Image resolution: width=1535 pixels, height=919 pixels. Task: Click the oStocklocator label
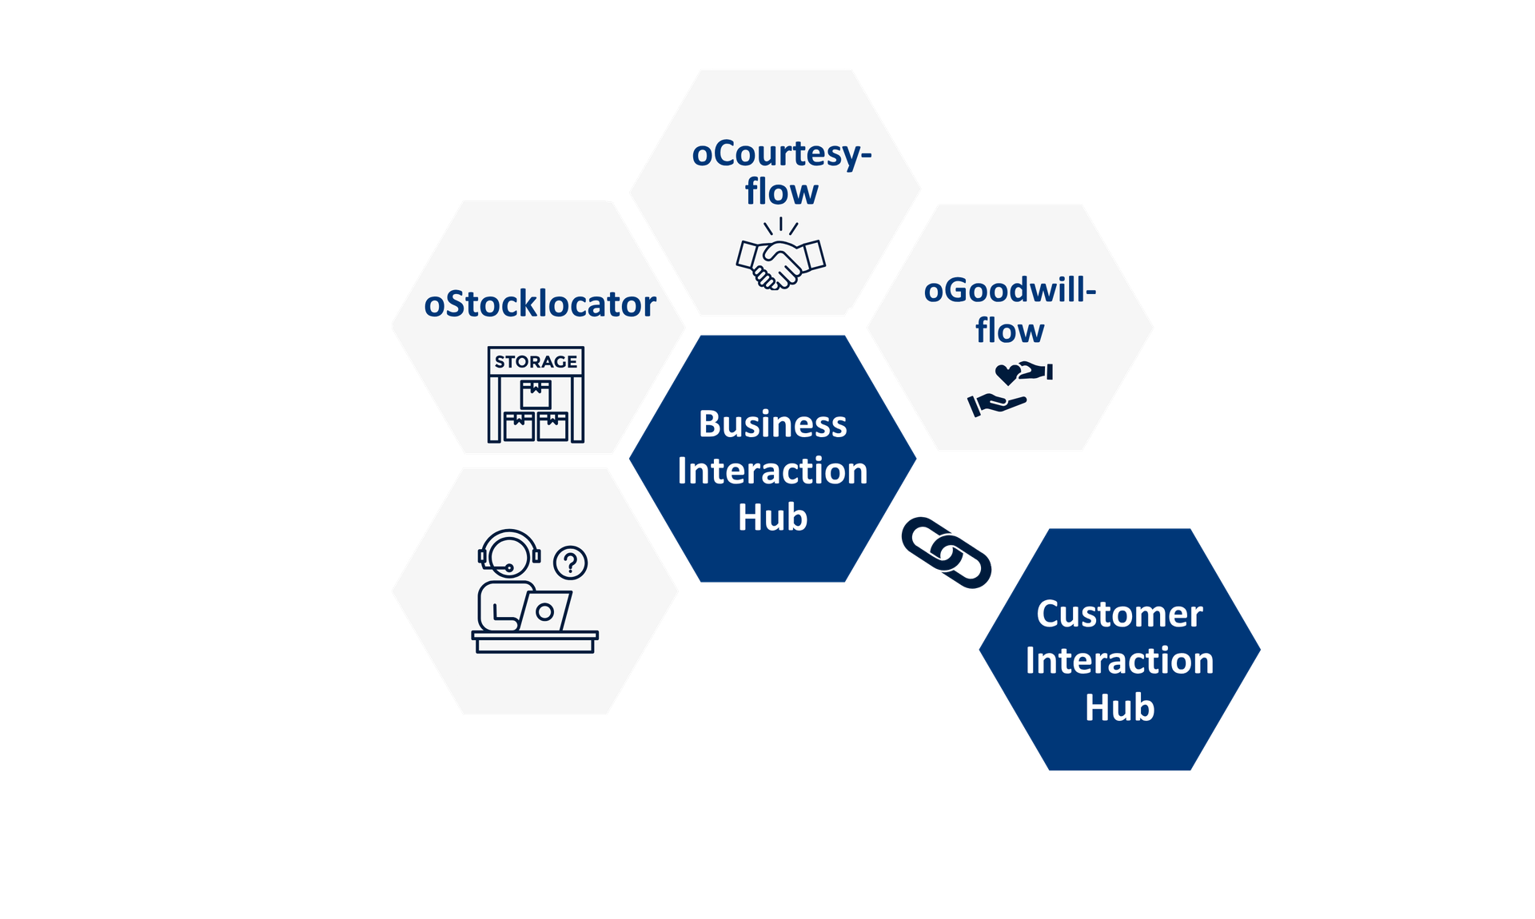[x=540, y=304]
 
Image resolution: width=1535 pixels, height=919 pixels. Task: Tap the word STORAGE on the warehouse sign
[x=536, y=362]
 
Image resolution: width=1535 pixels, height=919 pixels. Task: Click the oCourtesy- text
[x=781, y=154]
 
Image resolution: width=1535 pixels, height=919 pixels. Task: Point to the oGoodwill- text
[x=1010, y=291]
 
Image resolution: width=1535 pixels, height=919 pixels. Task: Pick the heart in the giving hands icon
[x=1007, y=374]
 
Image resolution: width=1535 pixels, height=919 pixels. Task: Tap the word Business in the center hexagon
[x=772, y=424]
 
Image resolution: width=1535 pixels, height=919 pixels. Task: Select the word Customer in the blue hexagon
[x=1119, y=615]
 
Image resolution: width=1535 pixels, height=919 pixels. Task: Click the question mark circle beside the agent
[x=570, y=563]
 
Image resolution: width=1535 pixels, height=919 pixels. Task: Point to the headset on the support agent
[x=509, y=550]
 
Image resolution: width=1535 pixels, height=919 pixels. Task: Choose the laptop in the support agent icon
[x=546, y=612]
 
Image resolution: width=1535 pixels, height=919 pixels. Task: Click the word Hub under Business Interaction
[x=772, y=518]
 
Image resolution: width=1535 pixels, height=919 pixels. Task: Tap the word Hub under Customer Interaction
[x=1119, y=708]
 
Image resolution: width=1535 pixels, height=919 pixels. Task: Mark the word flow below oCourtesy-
[x=781, y=193]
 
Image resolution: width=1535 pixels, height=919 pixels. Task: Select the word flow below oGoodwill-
[x=1010, y=331]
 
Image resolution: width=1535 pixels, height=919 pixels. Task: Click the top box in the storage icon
[x=536, y=394]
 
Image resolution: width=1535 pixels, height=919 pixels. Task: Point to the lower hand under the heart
[x=996, y=404]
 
